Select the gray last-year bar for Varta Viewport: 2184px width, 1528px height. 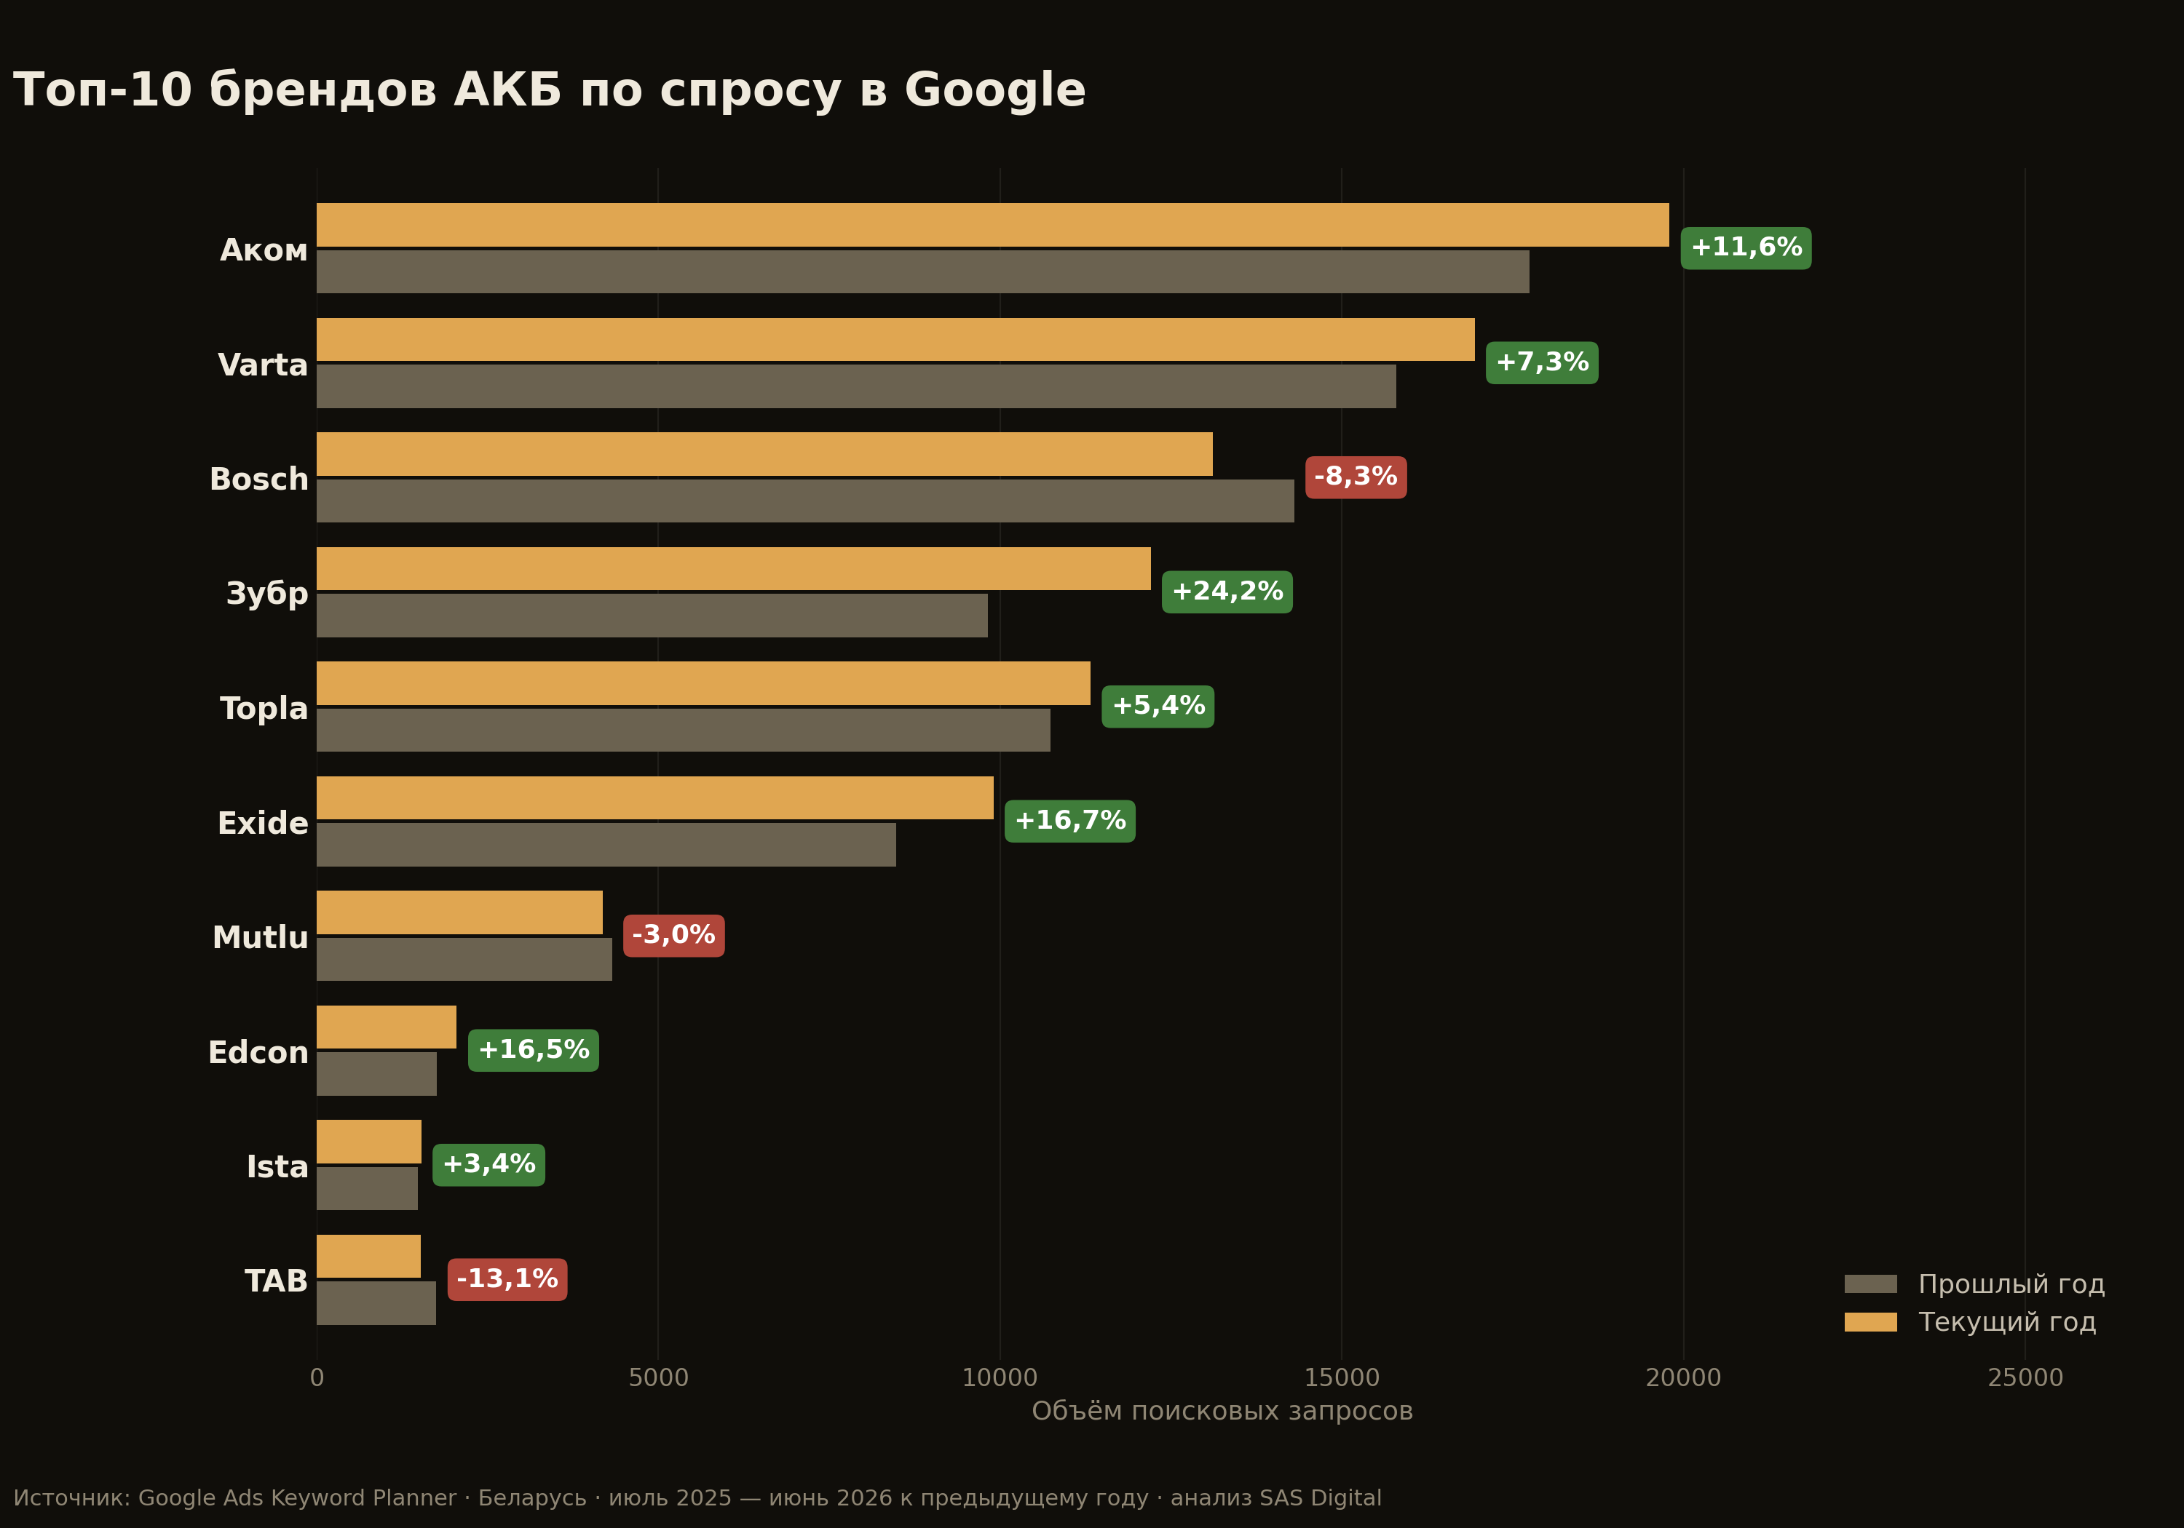click(856, 386)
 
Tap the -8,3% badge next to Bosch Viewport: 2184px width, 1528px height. click(1356, 477)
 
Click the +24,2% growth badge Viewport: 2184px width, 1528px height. click(1227, 592)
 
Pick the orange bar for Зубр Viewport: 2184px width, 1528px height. click(733, 568)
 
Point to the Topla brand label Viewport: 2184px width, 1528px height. click(264, 709)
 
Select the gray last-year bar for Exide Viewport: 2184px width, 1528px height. click(606, 844)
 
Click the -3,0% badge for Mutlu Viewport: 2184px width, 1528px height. click(673, 936)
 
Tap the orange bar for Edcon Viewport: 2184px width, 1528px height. click(386, 1027)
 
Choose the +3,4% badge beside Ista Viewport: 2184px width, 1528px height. click(489, 1165)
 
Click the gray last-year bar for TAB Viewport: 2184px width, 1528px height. click(376, 1302)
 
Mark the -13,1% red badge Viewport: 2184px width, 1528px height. click(507, 1280)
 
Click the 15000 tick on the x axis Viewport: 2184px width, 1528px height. click(1341, 1378)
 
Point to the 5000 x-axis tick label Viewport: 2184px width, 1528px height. click(658, 1378)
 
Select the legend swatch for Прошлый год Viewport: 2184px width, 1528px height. click(1870, 1284)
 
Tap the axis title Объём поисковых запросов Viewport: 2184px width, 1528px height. click(1222, 1411)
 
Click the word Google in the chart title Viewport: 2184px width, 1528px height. click(995, 91)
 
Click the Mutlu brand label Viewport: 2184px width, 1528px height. click(261, 937)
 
